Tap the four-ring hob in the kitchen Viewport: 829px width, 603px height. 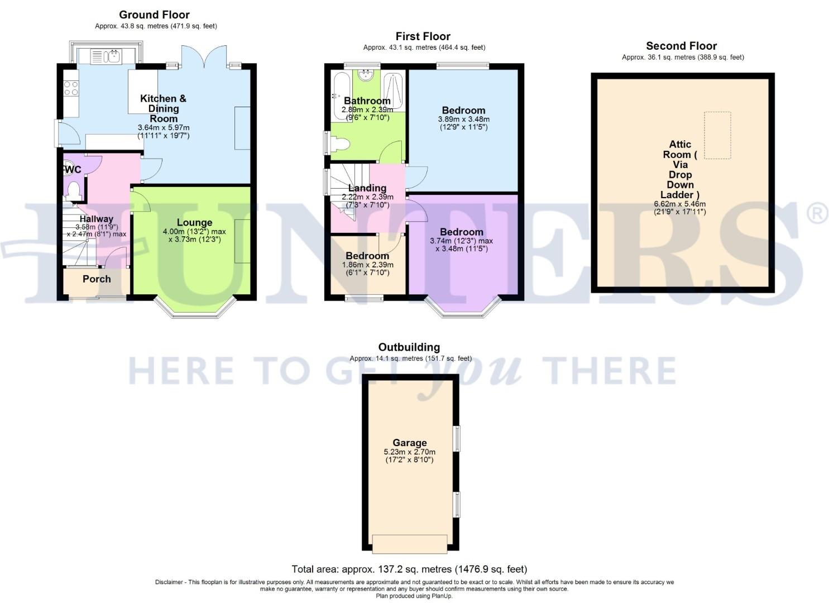point(71,88)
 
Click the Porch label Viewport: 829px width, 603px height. point(97,279)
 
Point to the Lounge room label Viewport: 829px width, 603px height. point(194,222)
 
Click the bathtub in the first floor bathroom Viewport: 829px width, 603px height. point(339,90)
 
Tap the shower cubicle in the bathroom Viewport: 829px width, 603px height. point(394,89)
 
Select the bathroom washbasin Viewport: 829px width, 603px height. point(367,75)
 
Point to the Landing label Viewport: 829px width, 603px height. point(367,188)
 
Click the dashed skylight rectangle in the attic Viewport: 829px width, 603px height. point(717,135)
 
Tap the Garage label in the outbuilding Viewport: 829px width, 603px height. point(409,443)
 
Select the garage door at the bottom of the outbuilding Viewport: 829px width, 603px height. point(410,544)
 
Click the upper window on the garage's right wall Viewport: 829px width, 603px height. point(457,438)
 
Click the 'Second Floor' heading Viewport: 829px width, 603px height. point(681,46)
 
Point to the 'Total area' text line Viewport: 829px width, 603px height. point(409,569)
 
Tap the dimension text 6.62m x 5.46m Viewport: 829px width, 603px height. point(680,204)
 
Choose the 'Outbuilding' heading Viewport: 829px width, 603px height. point(409,347)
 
